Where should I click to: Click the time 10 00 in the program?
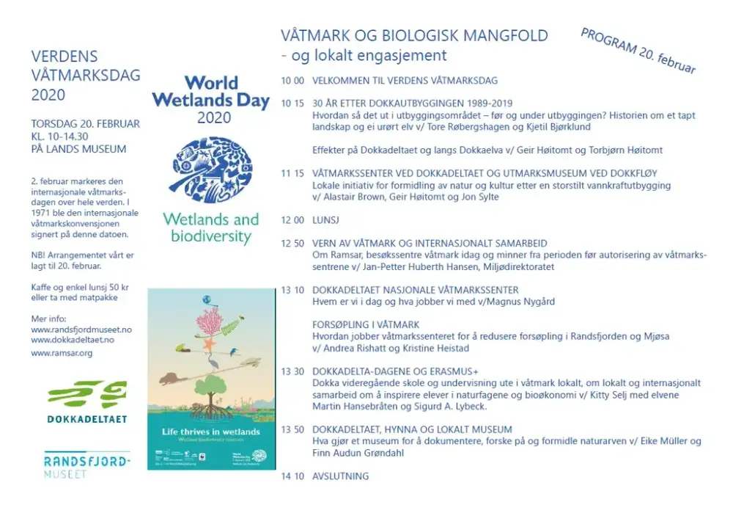292,80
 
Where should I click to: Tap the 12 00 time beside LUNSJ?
292,219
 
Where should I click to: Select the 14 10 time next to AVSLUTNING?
292,476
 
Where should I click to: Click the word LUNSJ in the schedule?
325,219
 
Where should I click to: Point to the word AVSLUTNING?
340,476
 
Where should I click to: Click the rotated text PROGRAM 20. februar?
638,51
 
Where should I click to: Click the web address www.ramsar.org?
62,353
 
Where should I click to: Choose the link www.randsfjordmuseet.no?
81,330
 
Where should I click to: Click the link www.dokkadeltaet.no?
73,340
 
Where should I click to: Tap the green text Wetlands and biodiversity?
211,228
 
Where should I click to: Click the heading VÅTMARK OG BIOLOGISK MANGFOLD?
414,35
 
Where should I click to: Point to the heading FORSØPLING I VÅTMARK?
366,324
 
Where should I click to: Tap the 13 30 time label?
292,371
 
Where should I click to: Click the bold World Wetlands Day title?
211,92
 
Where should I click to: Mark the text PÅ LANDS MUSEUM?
78,149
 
